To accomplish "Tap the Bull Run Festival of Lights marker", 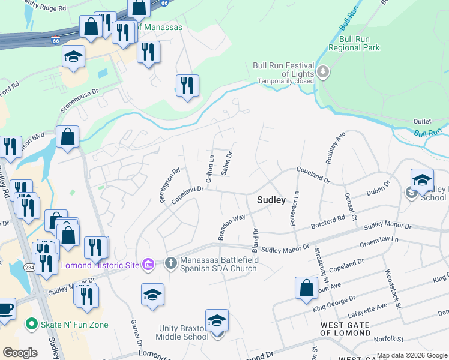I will point(324,73).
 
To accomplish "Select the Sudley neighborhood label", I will point(271,200).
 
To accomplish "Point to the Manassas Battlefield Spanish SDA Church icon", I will point(170,263).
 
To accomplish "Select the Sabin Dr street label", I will point(226,163).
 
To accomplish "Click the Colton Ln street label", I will point(210,170).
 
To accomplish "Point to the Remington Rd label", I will point(170,185).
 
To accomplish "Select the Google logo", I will point(20,353).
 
